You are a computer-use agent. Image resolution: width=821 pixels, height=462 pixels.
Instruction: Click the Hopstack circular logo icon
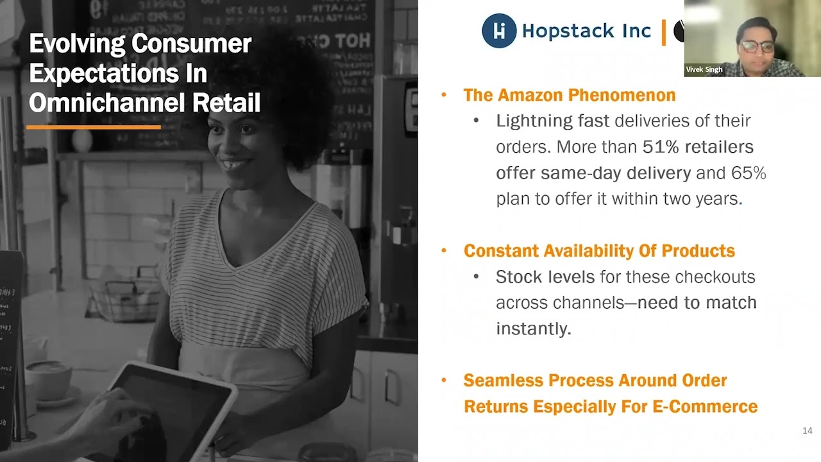pyautogui.click(x=499, y=31)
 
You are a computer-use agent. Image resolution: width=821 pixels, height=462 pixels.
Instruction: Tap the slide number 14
pyautogui.click(x=807, y=431)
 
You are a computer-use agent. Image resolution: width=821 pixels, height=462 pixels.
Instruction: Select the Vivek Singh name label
pyautogui.click(x=704, y=69)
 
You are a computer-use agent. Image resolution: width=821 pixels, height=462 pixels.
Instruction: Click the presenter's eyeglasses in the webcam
pyautogui.click(x=756, y=46)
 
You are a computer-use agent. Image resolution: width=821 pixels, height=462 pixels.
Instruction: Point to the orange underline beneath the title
pyautogui.click(x=93, y=127)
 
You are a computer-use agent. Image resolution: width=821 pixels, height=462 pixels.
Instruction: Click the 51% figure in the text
pyautogui.click(x=661, y=147)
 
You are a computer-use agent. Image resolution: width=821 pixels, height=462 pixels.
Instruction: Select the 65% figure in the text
pyautogui.click(x=749, y=173)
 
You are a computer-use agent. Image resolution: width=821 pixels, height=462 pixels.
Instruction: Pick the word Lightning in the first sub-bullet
pyautogui.click(x=534, y=121)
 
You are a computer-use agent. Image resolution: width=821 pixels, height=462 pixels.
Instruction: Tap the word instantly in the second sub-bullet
pyautogui.click(x=533, y=329)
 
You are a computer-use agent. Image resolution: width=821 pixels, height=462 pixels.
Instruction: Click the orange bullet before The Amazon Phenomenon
pyautogui.click(x=444, y=95)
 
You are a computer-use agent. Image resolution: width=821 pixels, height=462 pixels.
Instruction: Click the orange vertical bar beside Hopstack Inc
pyautogui.click(x=664, y=31)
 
